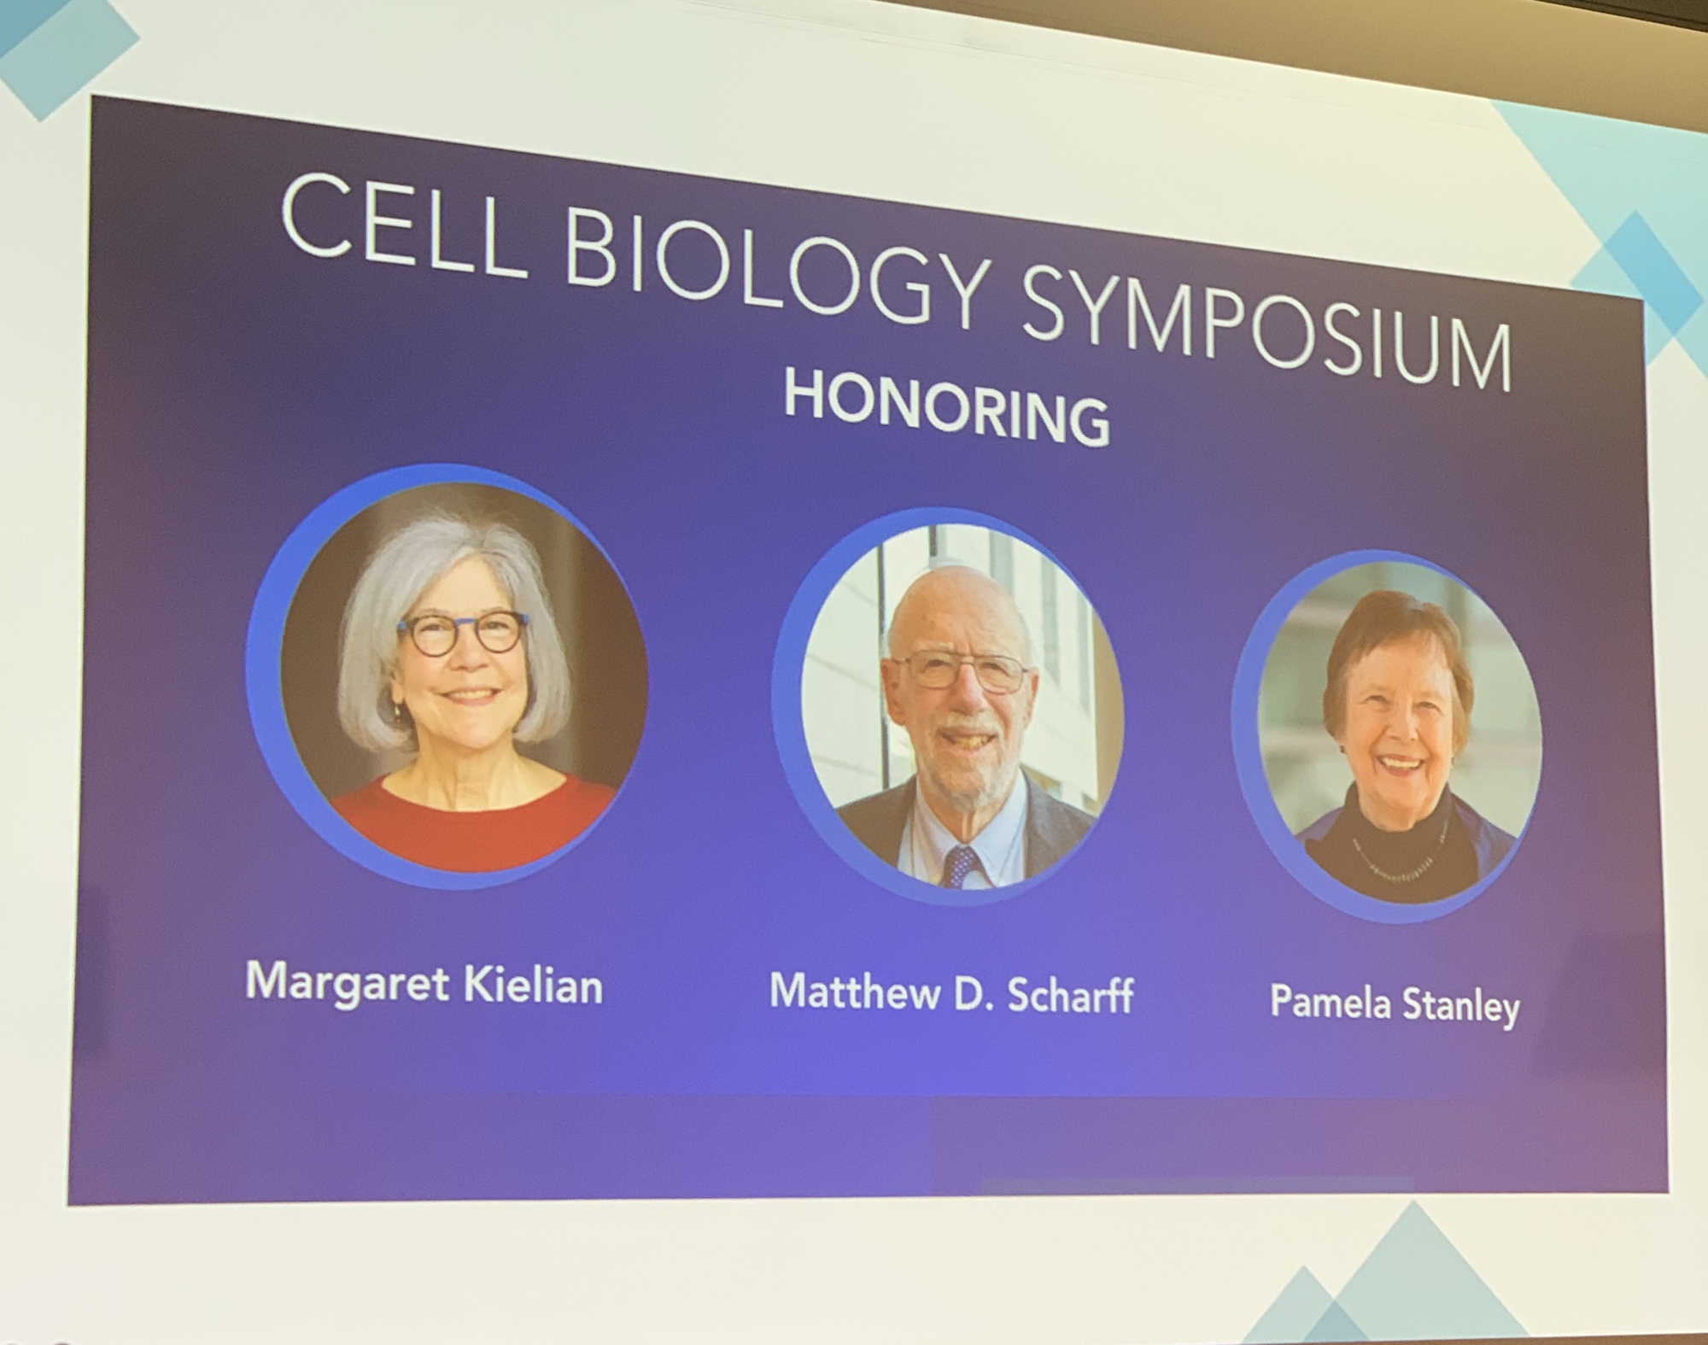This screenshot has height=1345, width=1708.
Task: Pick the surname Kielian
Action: (x=533, y=985)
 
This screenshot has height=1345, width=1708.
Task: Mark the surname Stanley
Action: (x=1461, y=1006)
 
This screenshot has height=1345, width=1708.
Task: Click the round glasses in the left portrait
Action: (x=462, y=634)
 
